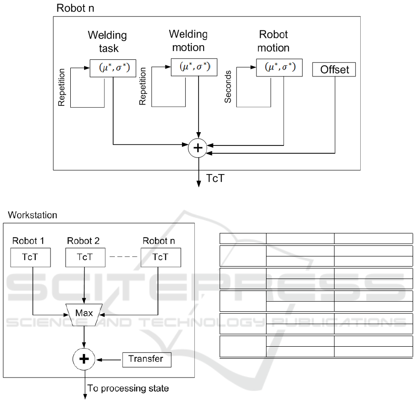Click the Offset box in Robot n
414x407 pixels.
click(334, 70)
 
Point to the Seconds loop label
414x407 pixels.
click(228, 87)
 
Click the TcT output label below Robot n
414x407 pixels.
click(215, 178)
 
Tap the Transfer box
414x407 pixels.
click(147, 359)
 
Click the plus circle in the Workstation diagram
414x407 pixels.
click(85, 358)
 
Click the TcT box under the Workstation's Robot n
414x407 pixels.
click(160, 256)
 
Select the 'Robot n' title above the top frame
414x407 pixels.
click(75, 8)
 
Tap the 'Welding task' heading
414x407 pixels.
click(108, 41)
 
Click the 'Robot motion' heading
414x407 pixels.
click(273, 41)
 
